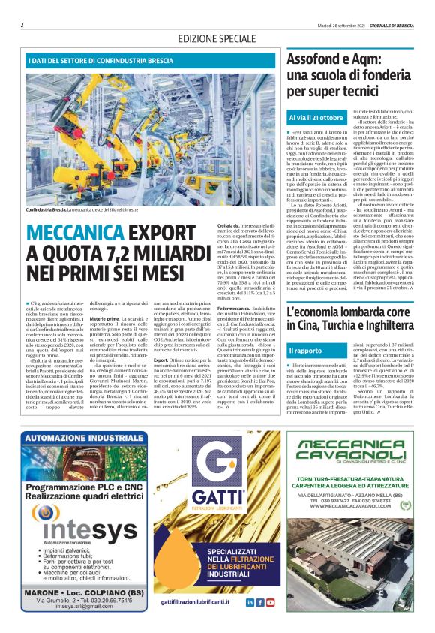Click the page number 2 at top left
click(x=22, y=25)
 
